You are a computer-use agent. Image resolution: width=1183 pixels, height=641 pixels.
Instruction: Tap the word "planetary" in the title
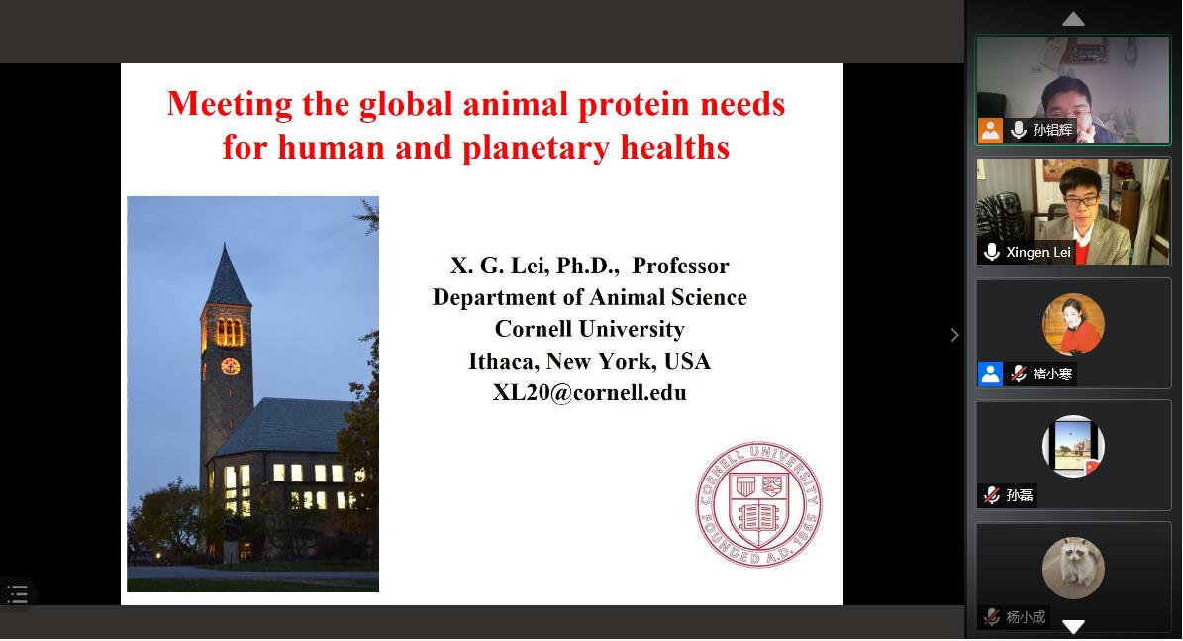coord(535,148)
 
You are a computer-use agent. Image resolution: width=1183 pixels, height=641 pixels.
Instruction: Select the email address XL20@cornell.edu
coord(589,392)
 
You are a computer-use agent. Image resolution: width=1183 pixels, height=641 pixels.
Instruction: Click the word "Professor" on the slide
coord(680,266)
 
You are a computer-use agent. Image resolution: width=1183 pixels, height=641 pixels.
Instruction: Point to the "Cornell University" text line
coord(589,329)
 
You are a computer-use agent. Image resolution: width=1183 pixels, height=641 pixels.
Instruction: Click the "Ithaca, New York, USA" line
coord(589,361)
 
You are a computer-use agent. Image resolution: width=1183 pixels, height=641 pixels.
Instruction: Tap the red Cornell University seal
coord(758,504)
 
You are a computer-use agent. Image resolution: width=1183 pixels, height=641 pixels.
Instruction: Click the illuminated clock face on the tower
coord(230,367)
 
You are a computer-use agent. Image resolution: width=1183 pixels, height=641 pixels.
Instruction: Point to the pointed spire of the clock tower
coord(227,274)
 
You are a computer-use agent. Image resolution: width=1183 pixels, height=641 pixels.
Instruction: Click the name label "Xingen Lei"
coord(1038,253)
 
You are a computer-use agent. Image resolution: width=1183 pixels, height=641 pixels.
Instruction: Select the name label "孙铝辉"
coord(1052,130)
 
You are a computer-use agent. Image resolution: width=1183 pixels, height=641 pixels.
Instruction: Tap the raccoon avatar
coord(1073,568)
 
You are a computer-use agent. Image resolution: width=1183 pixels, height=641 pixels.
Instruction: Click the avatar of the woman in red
coord(1073,324)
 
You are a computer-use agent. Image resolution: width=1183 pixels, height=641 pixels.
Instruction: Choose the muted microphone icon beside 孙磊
coord(992,495)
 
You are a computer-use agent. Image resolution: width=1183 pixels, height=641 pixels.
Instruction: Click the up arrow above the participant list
coord(1073,19)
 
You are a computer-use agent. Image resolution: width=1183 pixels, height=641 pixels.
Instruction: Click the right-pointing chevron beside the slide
coord(954,335)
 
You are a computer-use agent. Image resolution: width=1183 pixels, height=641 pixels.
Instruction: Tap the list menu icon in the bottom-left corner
coord(18,594)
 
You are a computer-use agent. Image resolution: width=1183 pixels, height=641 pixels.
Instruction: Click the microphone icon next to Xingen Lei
coord(992,252)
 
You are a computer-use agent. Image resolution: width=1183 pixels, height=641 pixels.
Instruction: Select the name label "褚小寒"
coord(1052,374)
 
